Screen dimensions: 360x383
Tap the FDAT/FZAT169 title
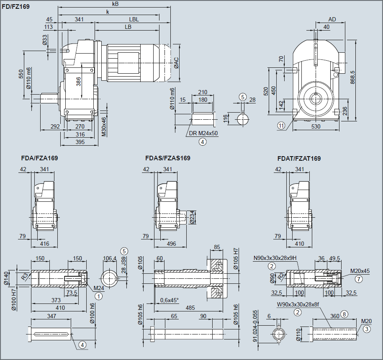[299, 159]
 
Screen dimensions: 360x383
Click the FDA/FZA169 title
[39, 158]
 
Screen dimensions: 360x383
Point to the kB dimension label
[116, 4]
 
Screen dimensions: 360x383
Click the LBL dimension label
[134, 19]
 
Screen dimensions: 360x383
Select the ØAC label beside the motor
[176, 62]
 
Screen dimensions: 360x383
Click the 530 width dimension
[316, 126]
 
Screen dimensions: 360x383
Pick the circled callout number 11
[281, 125]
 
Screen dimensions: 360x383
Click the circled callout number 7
[359, 278]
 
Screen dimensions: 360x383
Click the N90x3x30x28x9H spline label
[275, 258]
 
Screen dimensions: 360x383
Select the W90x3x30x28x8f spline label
[298, 305]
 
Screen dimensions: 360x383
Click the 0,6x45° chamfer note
[169, 300]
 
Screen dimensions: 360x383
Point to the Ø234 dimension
[192, 217]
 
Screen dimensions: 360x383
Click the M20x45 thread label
[361, 270]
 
